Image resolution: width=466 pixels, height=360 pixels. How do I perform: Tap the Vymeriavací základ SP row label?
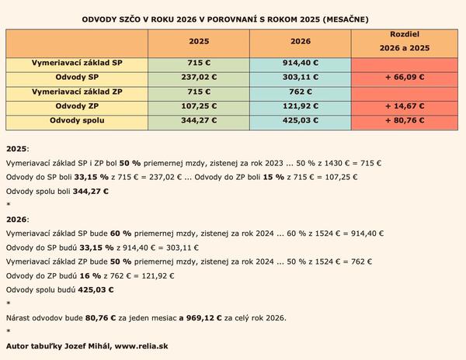[77, 63]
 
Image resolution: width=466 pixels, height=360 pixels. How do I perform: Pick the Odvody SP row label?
[77, 78]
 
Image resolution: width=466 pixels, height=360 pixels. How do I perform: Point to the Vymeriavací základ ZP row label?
[77, 92]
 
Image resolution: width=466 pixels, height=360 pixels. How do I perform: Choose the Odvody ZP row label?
[77, 106]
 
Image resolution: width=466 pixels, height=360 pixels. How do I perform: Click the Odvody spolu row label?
[77, 121]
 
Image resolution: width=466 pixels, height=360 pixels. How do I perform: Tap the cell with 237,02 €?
[202, 78]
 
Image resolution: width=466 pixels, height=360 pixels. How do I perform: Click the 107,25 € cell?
[202, 106]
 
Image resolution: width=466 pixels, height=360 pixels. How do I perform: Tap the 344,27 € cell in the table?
[202, 121]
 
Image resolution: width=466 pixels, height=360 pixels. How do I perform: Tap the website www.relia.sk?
[141, 344]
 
